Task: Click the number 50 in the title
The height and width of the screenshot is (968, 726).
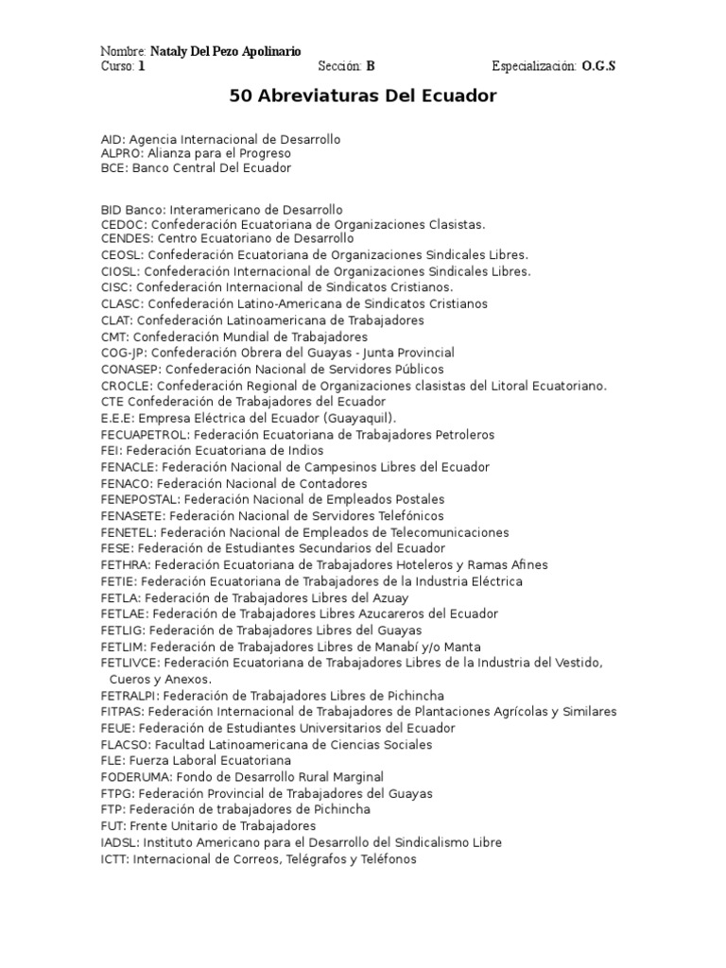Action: tap(240, 96)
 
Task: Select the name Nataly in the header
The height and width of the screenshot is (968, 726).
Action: tap(170, 50)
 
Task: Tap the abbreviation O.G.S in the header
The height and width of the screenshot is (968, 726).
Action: tap(598, 66)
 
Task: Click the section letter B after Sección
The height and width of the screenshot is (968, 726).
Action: tap(371, 66)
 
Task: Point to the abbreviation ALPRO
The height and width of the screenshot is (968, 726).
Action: tap(121, 152)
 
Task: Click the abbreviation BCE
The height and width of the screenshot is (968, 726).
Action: tap(113, 168)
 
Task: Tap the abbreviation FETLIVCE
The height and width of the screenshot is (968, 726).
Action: tap(130, 663)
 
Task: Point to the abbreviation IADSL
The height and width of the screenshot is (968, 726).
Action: tap(117, 842)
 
